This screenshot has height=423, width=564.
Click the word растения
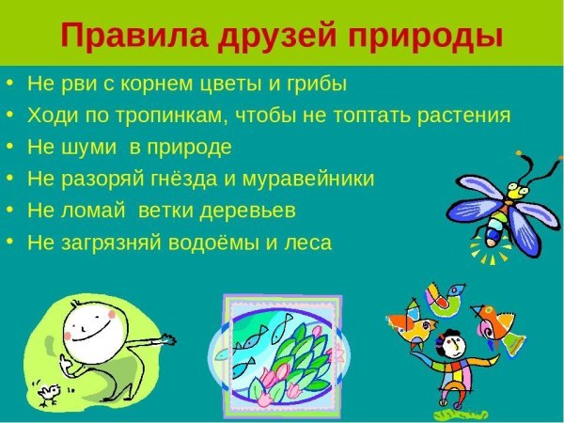coord(461,116)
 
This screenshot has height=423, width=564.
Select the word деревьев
coord(253,210)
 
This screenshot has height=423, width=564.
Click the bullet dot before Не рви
coord(10,84)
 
